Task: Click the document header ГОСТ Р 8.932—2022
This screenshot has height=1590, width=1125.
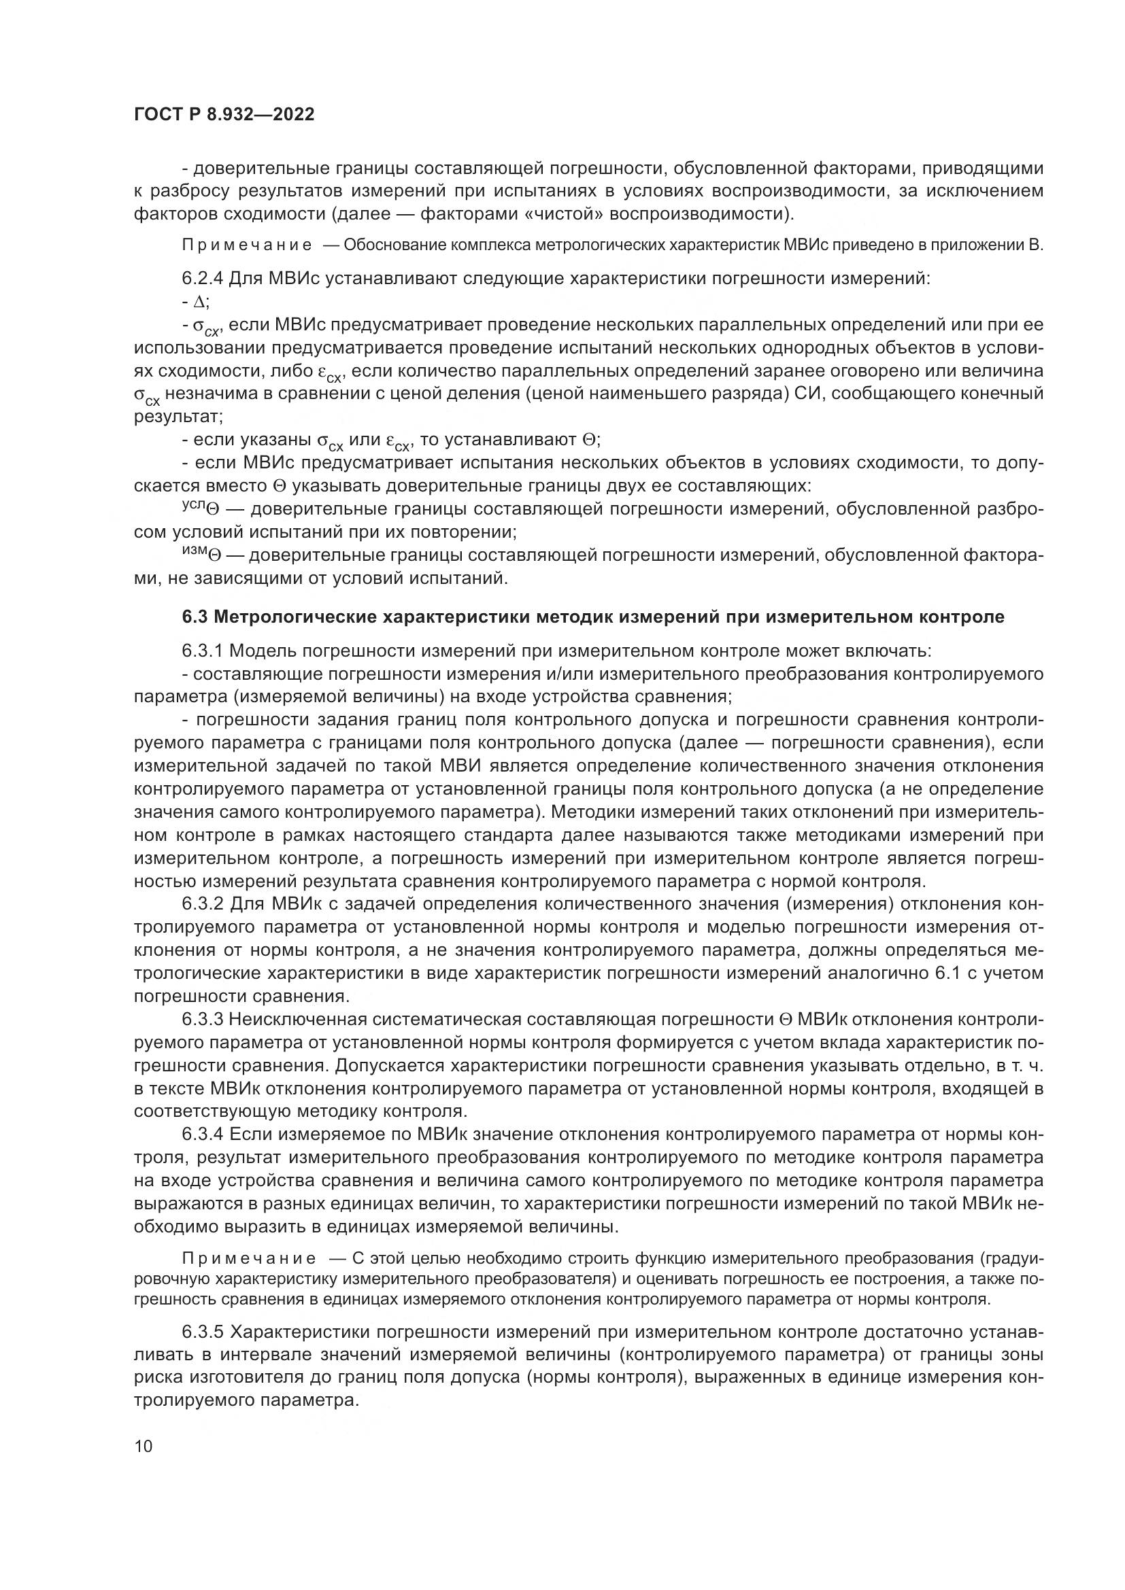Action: [x=224, y=114]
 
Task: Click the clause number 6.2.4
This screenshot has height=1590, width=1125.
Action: [x=202, y=279]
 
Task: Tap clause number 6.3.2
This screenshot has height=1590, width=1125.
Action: [x=202, y=904]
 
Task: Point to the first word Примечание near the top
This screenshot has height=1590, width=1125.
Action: [x=247, y=246]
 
